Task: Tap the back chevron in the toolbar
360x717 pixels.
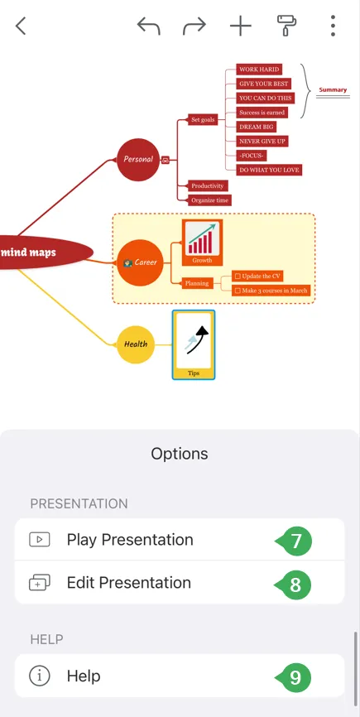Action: click(21, 26)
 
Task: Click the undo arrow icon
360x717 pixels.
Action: click(148, 26)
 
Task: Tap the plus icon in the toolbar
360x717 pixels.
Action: click(241, 26)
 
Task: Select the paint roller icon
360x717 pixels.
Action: click(286, 25)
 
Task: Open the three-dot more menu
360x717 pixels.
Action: click(333, 26)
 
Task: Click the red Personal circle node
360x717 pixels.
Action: click(138, 160)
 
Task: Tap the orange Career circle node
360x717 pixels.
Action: click(140, 262)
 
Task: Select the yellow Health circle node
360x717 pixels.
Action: click(135, 344)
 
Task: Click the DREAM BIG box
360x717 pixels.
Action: click(256, 127)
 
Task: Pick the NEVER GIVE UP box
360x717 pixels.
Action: click(262, 142)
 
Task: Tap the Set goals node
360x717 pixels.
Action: click(203, 120)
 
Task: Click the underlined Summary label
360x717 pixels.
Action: click(333, 90)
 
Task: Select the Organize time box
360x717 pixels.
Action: click(209, 200)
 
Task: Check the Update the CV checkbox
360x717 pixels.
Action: click(238, 277)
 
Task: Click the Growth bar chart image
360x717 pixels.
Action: click(202, 238)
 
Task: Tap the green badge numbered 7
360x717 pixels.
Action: click(295, 541)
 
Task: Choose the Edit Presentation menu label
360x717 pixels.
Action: click(129, 583)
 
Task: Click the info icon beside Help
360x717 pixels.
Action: click(39, 676)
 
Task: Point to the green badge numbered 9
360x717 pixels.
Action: click(295, 676)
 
